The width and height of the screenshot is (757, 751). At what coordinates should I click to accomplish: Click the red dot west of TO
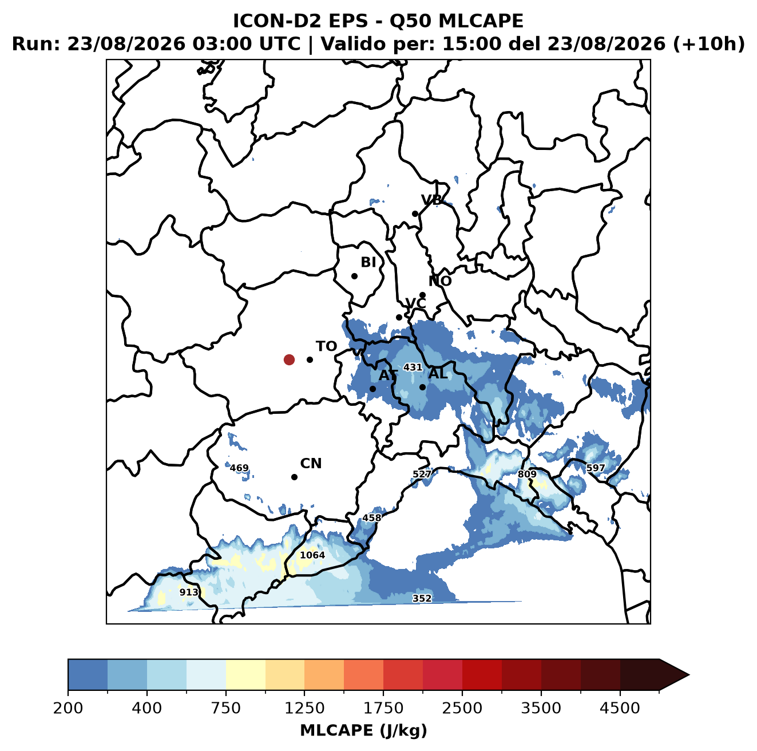[x=289, y=359]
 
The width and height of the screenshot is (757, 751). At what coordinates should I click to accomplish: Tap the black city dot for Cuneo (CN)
[x=294, y=477]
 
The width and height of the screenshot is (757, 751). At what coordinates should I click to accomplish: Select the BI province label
[x=368, y=262]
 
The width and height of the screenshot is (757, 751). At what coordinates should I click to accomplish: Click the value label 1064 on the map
[x=312, y=555]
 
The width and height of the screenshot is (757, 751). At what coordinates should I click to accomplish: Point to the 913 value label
[x=189, y=592]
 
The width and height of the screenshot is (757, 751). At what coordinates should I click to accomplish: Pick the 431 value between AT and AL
[x=413, y=367]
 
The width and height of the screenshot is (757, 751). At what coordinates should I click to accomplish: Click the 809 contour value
[x=527, y=474]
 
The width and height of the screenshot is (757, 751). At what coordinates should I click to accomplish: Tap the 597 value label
[x=595, y=468]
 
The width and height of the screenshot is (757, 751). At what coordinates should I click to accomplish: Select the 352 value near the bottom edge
[x=422, y=598]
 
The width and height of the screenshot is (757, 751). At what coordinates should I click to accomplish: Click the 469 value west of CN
[x=239, y=468]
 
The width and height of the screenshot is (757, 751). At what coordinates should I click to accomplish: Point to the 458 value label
[x=371, y=517]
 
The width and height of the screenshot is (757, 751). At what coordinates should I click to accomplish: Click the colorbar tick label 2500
[x=462, y=707]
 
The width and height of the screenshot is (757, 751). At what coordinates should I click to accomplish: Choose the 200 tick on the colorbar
[x=68, y=707]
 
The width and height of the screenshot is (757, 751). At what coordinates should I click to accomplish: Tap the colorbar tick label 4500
[x=620, y=707]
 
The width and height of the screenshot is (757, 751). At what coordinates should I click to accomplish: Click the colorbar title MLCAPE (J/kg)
[x=363, y=730]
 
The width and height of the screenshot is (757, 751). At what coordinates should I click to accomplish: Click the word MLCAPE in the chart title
[x=481, y=21]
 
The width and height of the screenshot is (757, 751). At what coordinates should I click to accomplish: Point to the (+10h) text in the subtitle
[x=709, y=44]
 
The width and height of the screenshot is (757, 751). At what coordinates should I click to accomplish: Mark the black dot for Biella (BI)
[x=354, y=276]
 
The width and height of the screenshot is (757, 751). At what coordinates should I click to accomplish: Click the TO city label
[x=327, y=346]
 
